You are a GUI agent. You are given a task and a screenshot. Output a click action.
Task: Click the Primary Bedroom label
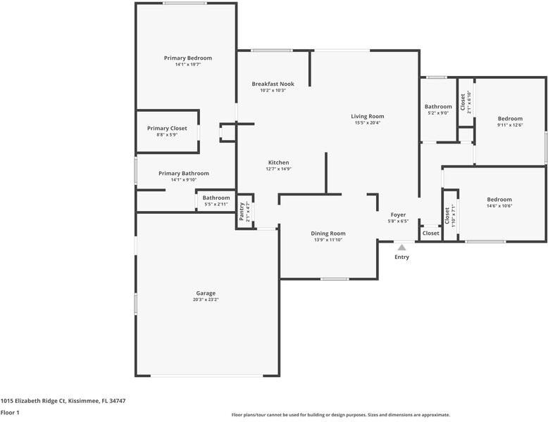point(187,58)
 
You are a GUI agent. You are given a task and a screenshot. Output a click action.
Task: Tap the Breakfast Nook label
point(273,84)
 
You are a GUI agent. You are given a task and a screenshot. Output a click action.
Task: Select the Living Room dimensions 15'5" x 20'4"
point(367,123)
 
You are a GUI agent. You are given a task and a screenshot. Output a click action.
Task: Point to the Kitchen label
point(278,162)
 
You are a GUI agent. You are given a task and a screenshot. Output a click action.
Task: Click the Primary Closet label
point(167,128)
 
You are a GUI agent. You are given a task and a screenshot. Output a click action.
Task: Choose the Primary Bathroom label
point(183,173)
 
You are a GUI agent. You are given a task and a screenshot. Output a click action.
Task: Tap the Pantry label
point(241,212)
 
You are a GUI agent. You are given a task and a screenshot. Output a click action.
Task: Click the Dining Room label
point(328,233)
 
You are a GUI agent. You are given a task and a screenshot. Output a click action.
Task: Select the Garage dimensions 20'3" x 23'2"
point(206,300)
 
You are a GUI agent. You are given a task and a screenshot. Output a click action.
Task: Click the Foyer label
point(398,215)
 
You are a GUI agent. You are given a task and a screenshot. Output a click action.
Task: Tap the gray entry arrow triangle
point(401,247)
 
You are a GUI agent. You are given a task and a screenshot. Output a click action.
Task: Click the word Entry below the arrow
point(401,257)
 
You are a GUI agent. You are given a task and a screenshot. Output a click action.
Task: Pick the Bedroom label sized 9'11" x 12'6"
point(510,118)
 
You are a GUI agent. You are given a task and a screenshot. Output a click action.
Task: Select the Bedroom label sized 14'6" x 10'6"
point(499,199)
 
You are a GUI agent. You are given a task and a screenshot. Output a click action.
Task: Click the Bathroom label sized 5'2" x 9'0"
point(437,106)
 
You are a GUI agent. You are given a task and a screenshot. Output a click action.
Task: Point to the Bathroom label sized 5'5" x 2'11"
point(216,198)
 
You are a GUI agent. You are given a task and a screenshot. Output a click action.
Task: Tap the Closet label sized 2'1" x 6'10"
point(463,102)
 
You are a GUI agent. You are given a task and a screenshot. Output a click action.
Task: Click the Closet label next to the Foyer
point(430,233)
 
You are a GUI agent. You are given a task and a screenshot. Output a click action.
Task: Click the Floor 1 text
point(10,412)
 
